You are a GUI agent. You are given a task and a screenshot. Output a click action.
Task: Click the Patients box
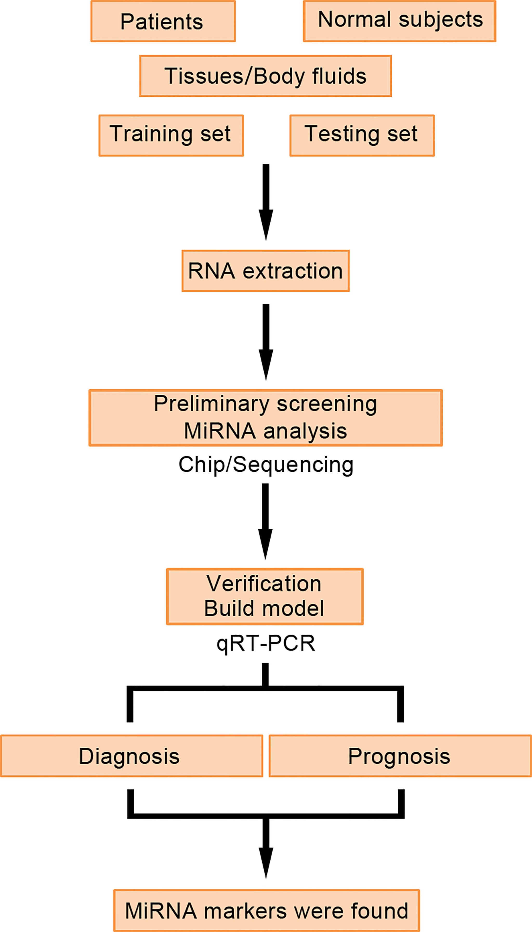coord(163,21)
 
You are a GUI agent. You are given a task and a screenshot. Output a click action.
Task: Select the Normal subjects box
coord(399,21)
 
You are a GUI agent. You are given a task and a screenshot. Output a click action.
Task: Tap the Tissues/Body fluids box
coord(266,76)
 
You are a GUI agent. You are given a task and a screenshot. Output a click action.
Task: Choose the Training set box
coord(171,136)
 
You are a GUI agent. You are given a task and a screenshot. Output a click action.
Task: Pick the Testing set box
coord(362,136)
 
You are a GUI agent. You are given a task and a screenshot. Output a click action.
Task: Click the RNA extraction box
coord(266,271)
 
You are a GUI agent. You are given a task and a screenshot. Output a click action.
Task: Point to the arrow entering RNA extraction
coord(266,202)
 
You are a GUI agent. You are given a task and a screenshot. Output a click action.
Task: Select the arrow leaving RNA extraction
coord(266,342)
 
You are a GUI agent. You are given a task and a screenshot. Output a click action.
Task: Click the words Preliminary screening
coord(265,404)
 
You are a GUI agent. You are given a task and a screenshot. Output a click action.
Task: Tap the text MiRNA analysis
coord(265,431)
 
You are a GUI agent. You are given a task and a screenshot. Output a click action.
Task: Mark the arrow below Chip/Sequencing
coord(266,522)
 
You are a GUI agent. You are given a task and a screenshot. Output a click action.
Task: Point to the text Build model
coord(264,608)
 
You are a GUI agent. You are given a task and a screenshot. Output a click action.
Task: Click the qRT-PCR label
coord(266,643)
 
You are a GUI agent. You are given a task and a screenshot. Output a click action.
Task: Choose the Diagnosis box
coord(132,756)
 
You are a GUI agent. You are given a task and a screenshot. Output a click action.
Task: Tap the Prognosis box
coord(400,756)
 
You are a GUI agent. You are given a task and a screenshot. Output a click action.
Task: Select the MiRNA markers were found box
coord(266,910)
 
